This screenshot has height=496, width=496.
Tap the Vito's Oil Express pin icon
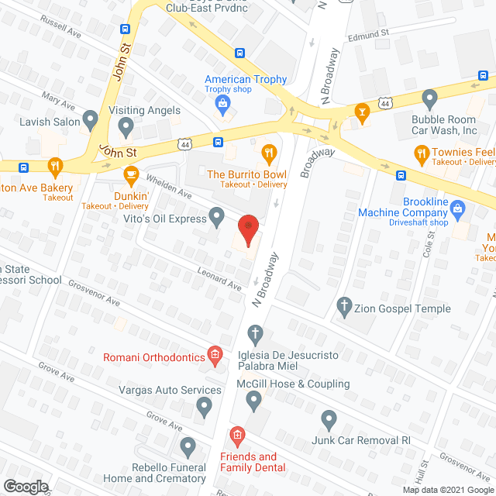point(218,215)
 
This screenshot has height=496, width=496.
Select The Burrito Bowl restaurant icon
point(270,153)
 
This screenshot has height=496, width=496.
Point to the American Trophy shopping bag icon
point(222,102)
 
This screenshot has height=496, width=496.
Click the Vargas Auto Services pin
point(204,405)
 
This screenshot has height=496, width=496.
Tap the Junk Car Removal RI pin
point(329,421)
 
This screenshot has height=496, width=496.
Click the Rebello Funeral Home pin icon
point(188,446)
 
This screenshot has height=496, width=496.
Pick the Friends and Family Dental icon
point(236,436)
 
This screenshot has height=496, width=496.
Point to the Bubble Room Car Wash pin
point(430,98)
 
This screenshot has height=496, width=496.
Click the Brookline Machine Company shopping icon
point(458,208)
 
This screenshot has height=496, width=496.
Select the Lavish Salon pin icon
point(91,120)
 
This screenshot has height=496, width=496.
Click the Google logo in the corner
point(25,486)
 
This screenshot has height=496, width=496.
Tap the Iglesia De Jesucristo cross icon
point(254,335)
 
